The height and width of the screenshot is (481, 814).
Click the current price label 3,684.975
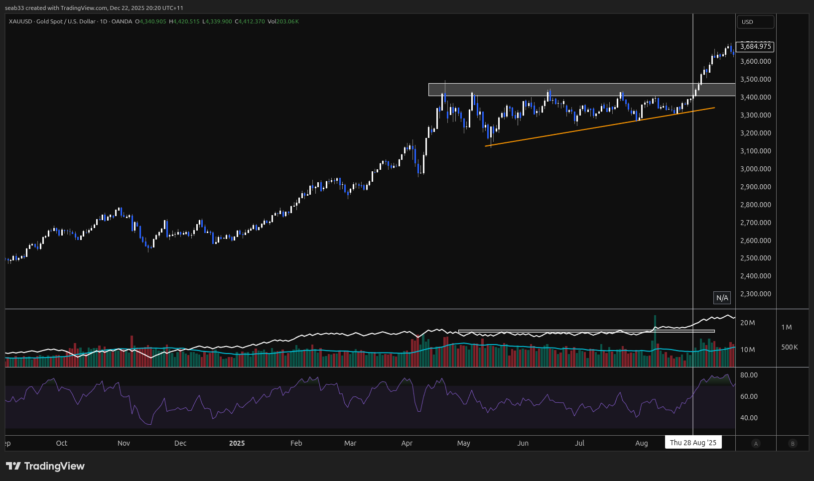pos(755,46)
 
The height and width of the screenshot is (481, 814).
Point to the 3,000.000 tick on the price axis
pos(755,169)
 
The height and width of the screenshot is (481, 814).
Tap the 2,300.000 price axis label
pos(755,294)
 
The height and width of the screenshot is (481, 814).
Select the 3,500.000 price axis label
pos(755,79)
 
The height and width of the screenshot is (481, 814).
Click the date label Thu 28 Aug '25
pos(693,443)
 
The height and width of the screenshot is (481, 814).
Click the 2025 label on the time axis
pos(237,443)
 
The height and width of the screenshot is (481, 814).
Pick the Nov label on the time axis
pos(124,443)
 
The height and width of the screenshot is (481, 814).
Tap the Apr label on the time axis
pos(407,443)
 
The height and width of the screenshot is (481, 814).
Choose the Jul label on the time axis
pos(579,443)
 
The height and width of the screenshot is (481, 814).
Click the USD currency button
pos(755,22)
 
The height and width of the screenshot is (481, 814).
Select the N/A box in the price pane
pos(722,298)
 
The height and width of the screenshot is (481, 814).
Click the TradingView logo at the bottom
pos(45,466)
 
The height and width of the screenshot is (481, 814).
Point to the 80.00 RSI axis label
pos(749,375)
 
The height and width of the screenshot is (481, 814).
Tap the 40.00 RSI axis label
pos(749,418)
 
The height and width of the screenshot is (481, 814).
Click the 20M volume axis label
pos(747,323)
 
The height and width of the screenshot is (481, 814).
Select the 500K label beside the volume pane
pos(789,347)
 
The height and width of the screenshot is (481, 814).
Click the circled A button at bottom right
pos(756,444)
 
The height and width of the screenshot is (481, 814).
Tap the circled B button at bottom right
pos(793,444)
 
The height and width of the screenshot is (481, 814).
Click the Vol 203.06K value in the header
pos(283,21)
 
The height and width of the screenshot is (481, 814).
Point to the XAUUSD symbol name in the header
pos(20,21)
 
